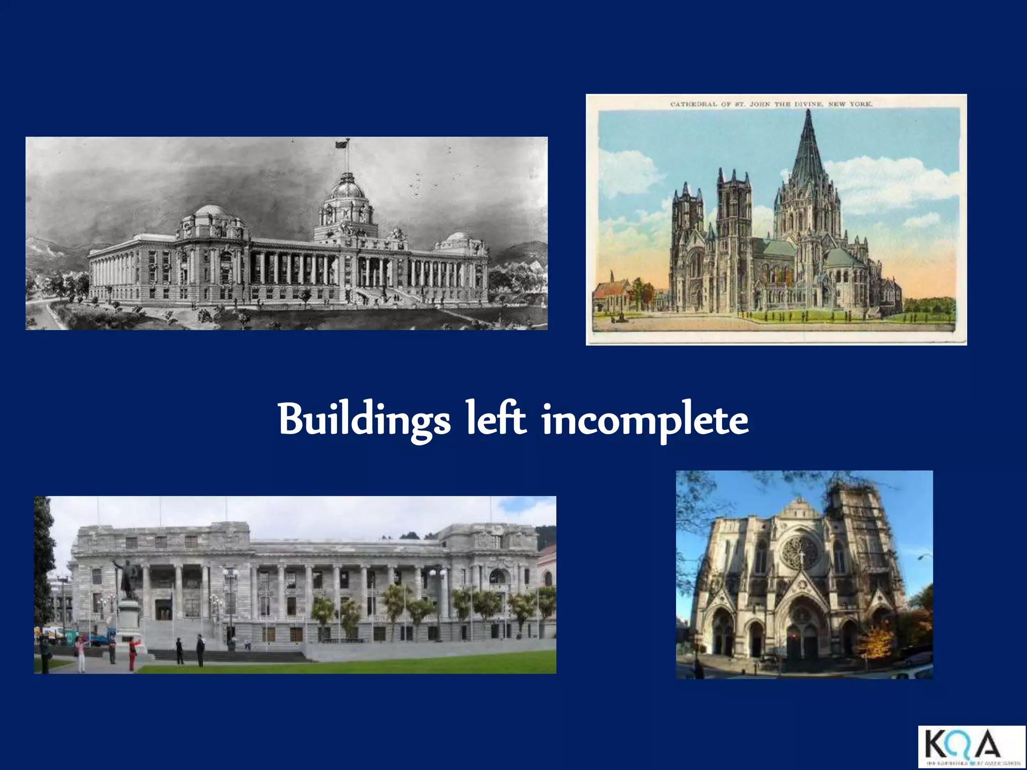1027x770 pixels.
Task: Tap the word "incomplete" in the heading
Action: click(645, 420)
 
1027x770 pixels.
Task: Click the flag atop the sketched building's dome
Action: click(341, 144)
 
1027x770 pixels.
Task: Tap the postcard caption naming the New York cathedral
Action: click(771, 104)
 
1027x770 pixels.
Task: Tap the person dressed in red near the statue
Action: click(132, 652)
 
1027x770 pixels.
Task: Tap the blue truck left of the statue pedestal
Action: click(103, 639)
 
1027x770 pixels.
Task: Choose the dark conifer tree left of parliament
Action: click(44, 561)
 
